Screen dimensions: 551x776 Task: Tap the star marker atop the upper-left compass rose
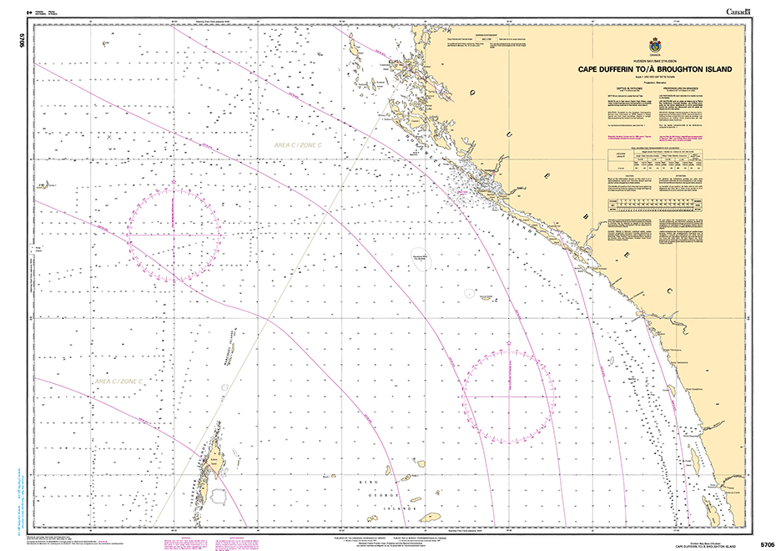click(174, 181)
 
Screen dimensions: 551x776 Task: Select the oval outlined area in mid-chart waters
click(422, 261)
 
